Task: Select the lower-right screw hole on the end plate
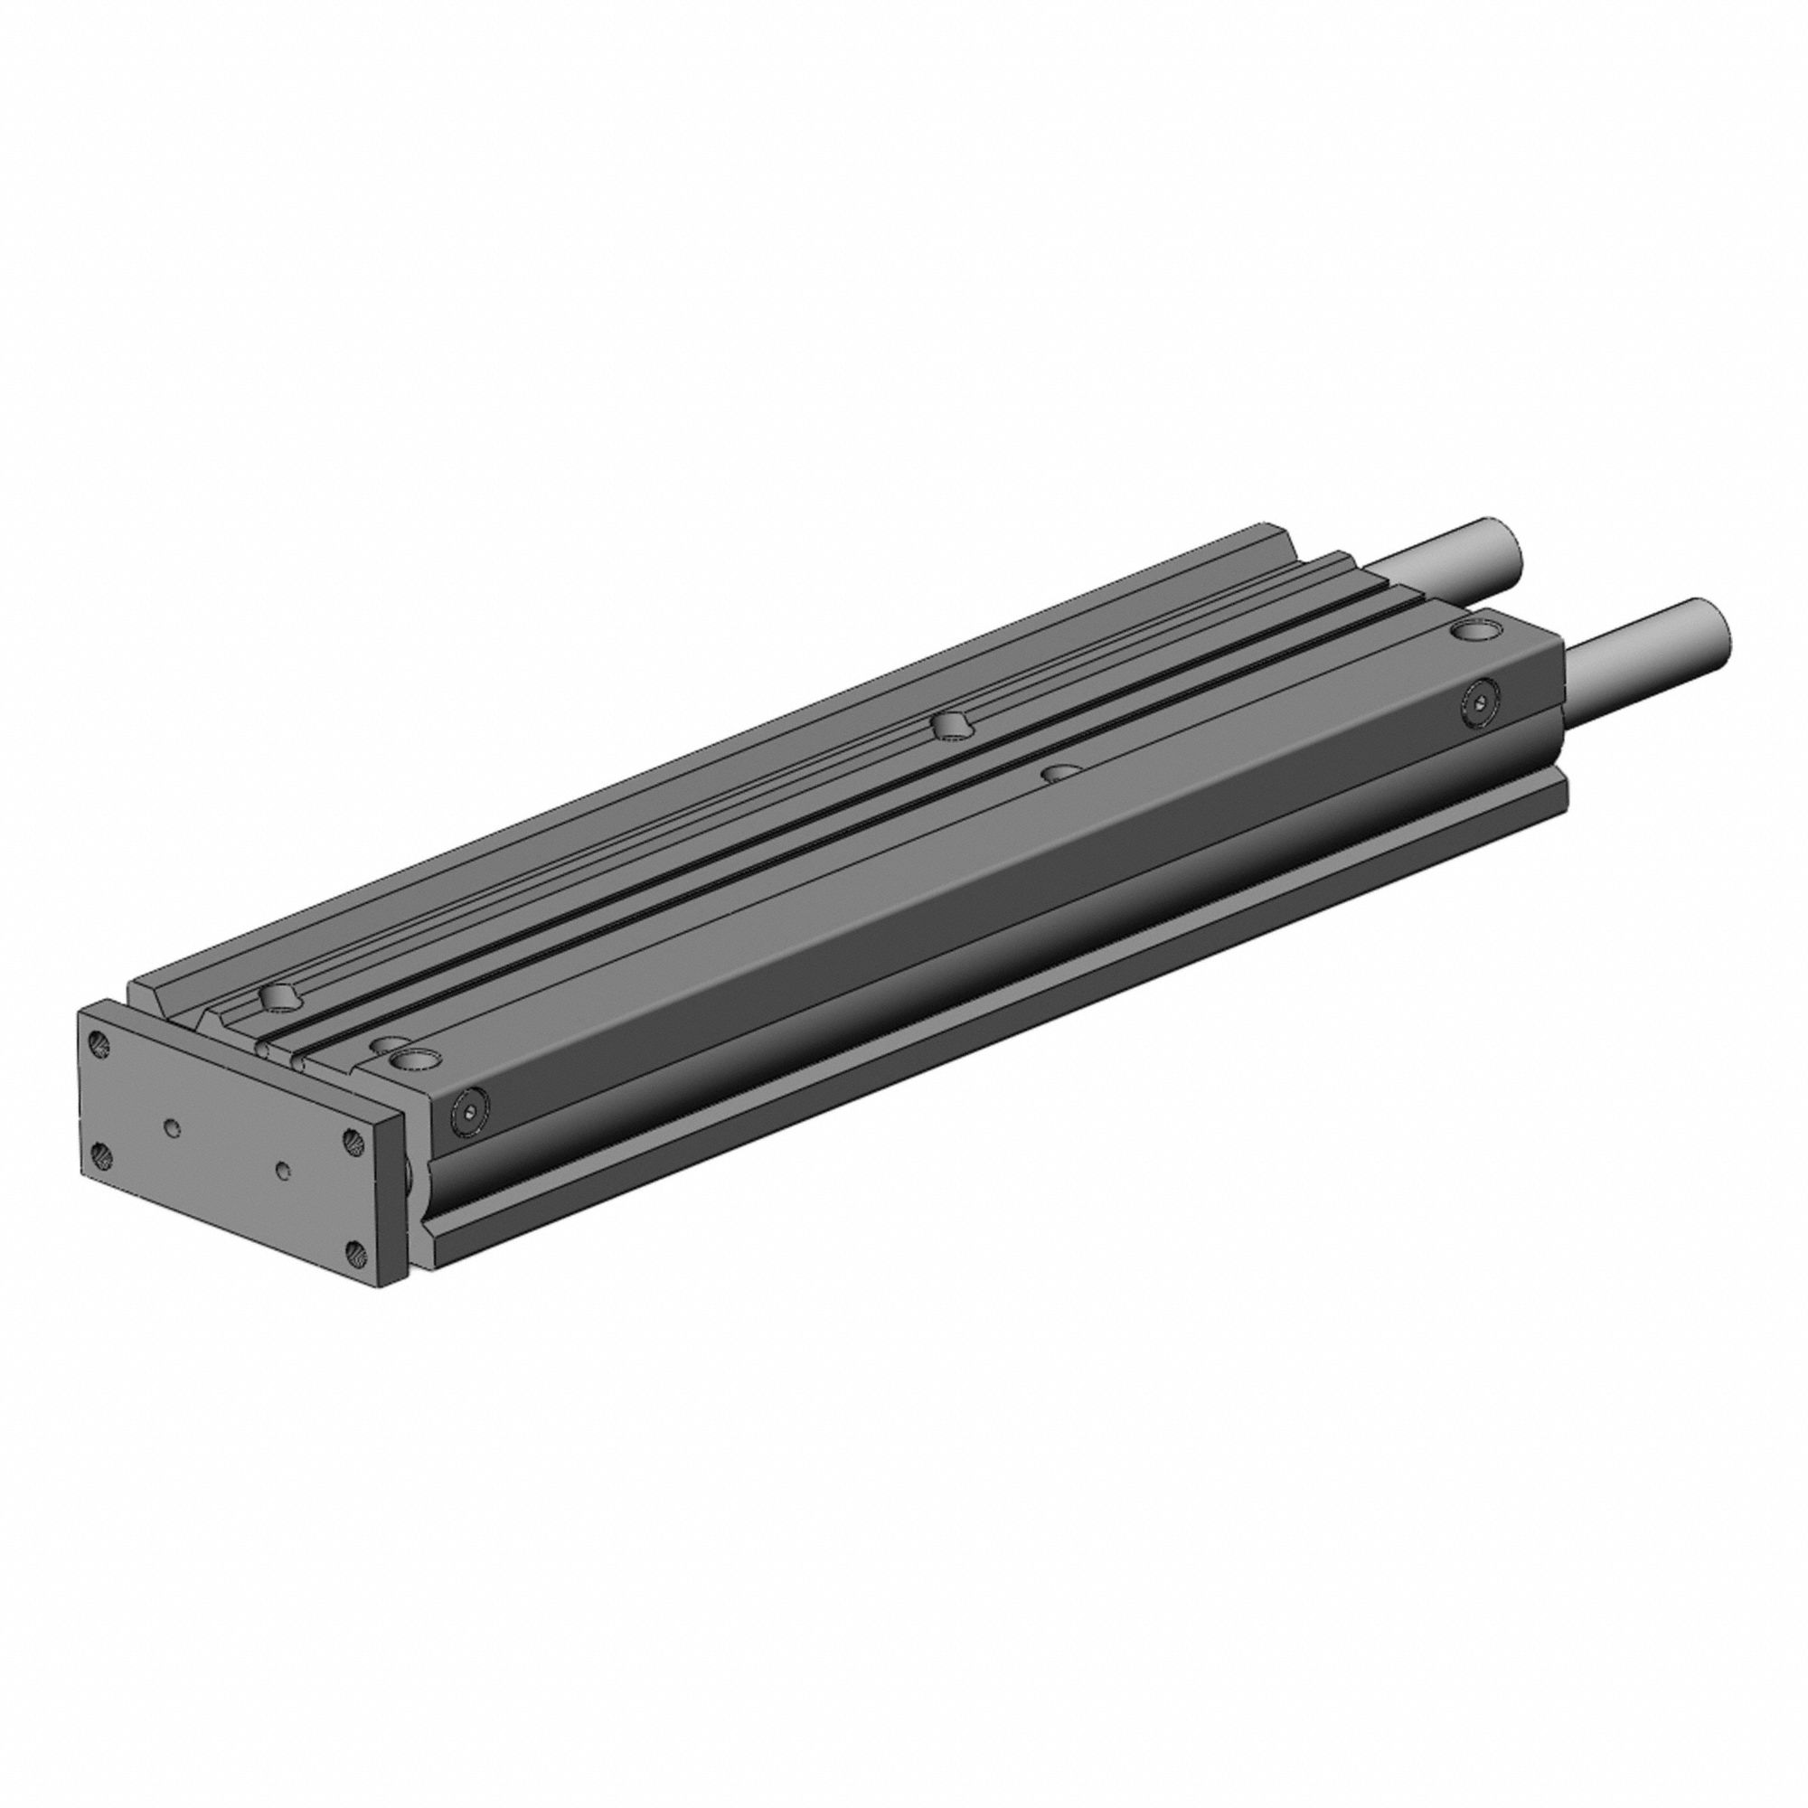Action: point(354,1250)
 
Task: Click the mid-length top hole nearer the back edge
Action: point(950,722)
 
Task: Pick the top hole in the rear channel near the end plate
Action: point(280,998)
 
